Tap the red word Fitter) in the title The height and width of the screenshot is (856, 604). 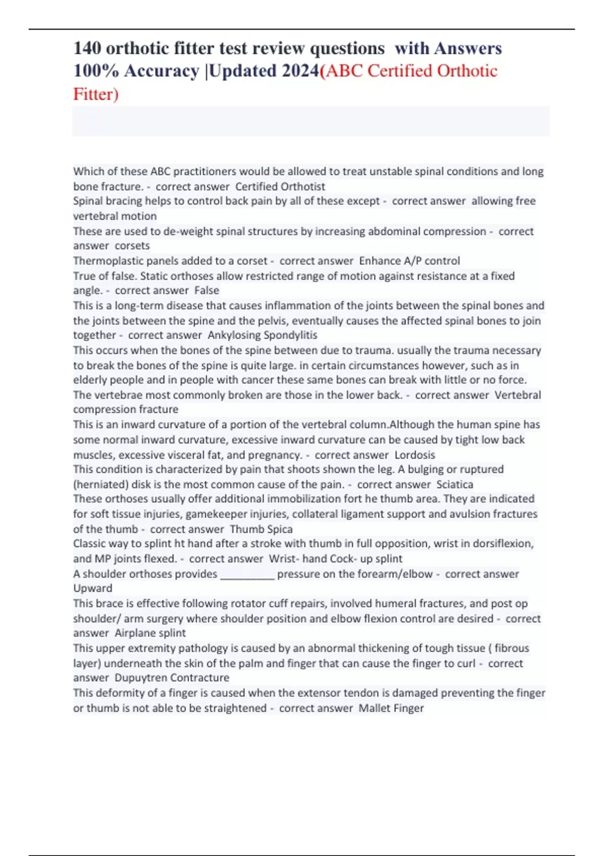pyautogui.click(x=96, y=94)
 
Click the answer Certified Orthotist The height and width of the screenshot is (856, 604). pyautogui.click(x=280, y=186)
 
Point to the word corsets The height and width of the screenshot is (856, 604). pyautogui.click(x=132, y=246)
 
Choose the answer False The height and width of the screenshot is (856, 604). pyautogui.click(x=206, y=291)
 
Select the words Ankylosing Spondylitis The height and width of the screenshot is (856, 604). pyautogui.click(x=262, y=335)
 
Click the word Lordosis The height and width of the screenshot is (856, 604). pyautogui.click(x=415, y=455)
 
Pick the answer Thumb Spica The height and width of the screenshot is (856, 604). pyautogui.click(x=261, y=529)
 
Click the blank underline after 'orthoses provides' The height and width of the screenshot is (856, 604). pyautogui.click(x=248, y=574)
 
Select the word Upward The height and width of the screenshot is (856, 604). pyautogui.click(x=93, y=588)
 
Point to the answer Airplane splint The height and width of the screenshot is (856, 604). pyautogui.click(x=150, y=633)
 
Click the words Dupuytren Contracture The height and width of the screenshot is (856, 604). pyautogui.click(x=172, y=678)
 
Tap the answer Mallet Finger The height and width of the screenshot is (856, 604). pyautogui.click(x=391, y=708)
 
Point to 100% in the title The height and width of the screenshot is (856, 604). pyautogui.click(x=96, y=71)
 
